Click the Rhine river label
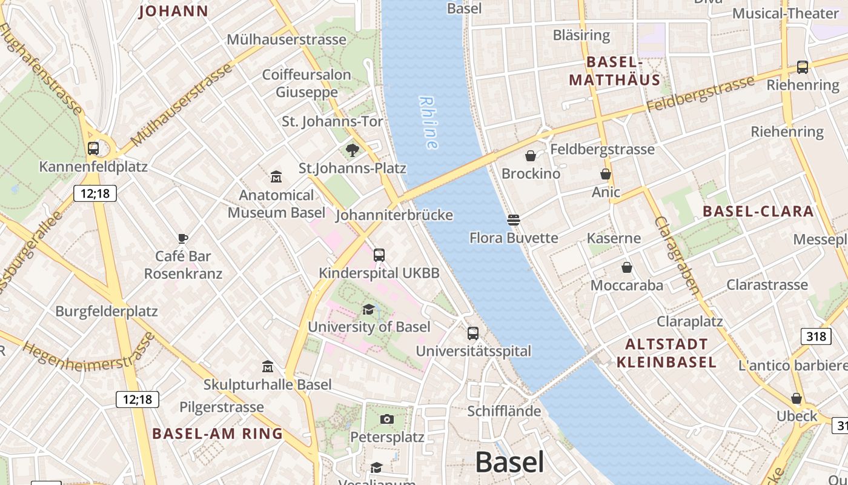tap(428, 123)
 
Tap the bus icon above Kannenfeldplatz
tap(93, 148)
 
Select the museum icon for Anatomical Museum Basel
tap(276, 176)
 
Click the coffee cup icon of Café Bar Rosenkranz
tap(183, 238)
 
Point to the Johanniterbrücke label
tap(394, 215)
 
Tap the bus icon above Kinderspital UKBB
tap(379, 255)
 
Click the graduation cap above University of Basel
tap(368, 310)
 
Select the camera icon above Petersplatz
tap(387, 419)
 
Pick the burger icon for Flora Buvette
tap(514, 219)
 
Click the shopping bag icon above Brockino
tap(531, 156)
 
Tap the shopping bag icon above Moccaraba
tap(627, 267)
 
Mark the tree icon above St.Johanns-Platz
tap(352, 150)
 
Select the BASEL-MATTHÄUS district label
tap(614, 71)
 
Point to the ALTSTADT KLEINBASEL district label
tap(666, 353)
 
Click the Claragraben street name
tap(677, 255)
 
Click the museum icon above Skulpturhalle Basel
tap(268, 366)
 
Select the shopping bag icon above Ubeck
tap(797, 398)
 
